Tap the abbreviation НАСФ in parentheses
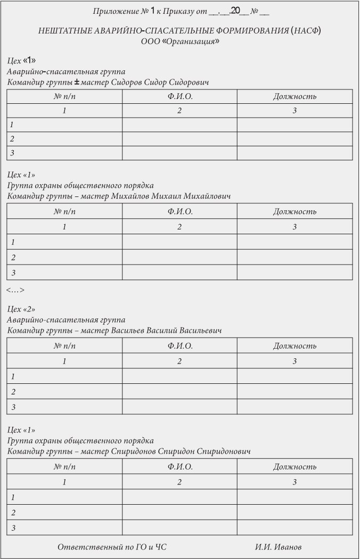coord(306,31)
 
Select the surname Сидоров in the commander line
coord(125,83)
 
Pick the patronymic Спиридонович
coord(224,451)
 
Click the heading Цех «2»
coord(21,309)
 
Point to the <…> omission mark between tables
coord(15,290)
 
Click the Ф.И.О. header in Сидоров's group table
coord(179,96)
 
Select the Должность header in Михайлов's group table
coord(294,211)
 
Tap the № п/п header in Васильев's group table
coord(64,346)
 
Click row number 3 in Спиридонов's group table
coord(12,528)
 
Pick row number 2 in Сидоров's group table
coord(12,139)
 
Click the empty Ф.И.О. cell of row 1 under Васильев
coord(179,376)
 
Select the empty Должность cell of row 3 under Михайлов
coord(294,273)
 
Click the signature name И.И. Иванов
coord(279,547)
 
